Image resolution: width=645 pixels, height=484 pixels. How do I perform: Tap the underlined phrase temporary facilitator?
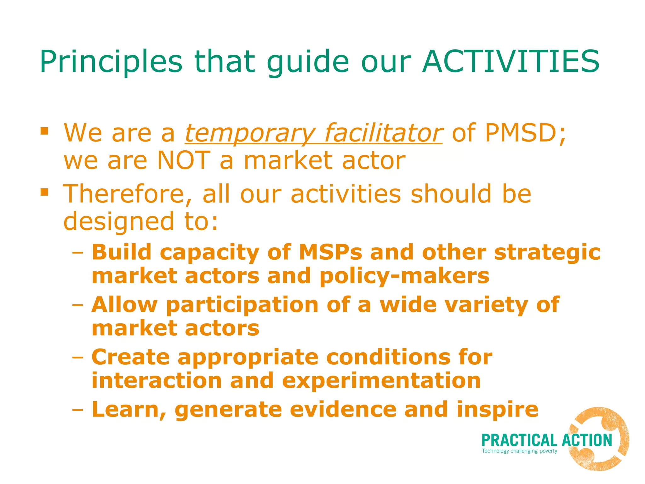pos(313,133)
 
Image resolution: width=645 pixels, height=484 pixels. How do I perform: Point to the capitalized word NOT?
pos(183,160)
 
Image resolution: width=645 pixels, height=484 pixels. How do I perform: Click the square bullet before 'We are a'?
pos(44,130)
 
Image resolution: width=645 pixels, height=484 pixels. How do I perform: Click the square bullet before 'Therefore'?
pos(44,192)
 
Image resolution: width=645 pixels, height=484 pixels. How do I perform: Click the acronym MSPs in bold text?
pos(330,252)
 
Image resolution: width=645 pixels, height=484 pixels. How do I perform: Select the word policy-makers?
pos(404,276)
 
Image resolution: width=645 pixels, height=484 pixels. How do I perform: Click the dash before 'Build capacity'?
pos(77,252)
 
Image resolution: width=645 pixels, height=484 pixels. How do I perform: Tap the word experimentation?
pos(381,381)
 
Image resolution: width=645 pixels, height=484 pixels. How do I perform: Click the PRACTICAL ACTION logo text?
pos(546,441)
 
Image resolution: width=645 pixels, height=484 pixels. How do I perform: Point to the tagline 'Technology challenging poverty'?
pos(519,451)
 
